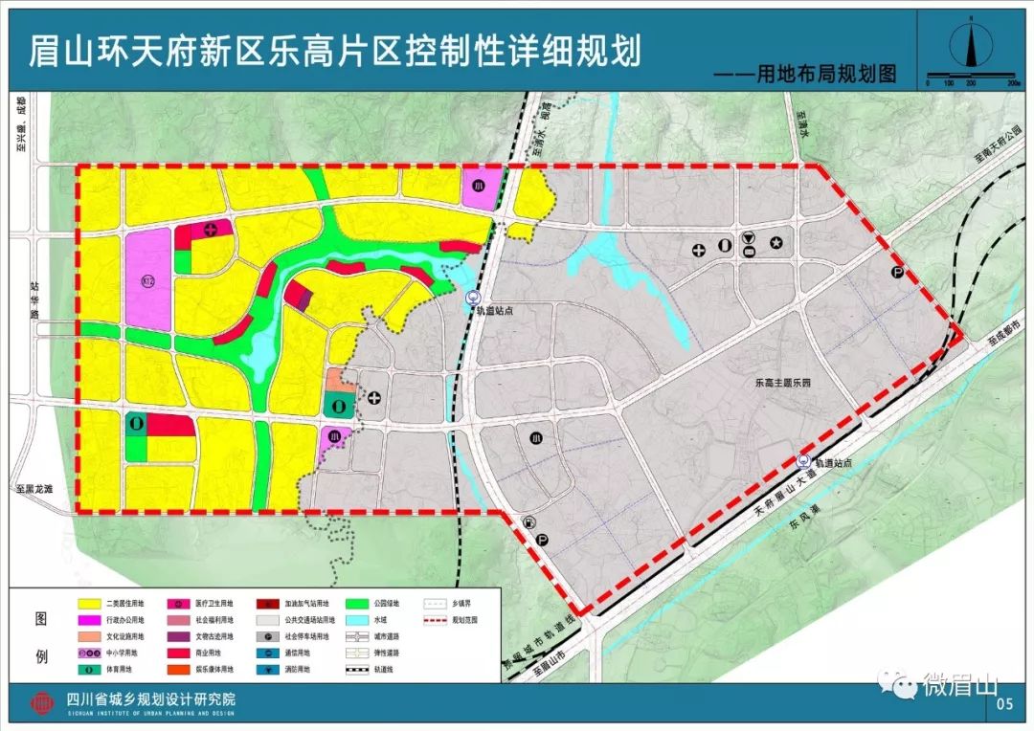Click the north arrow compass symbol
click(969, 45)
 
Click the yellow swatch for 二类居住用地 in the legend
click(92, 605)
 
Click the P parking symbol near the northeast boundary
click(897, 273)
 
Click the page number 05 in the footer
click(1003, 706)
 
